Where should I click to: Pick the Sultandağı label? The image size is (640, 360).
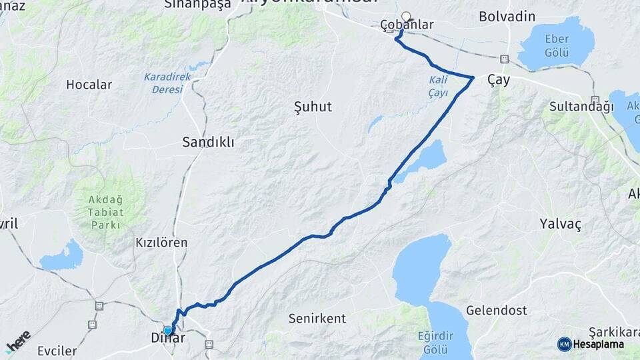571,106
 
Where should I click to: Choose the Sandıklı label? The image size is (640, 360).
208,142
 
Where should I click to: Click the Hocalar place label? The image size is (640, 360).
89,85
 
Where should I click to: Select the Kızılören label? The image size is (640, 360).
161,243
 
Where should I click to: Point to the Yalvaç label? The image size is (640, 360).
561,224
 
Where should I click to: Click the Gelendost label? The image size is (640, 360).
497,310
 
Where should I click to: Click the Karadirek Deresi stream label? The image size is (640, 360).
167,83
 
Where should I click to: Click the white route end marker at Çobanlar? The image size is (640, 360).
406,17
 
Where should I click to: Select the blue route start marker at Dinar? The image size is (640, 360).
167,330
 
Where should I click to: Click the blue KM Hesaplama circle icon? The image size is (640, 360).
564,344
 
